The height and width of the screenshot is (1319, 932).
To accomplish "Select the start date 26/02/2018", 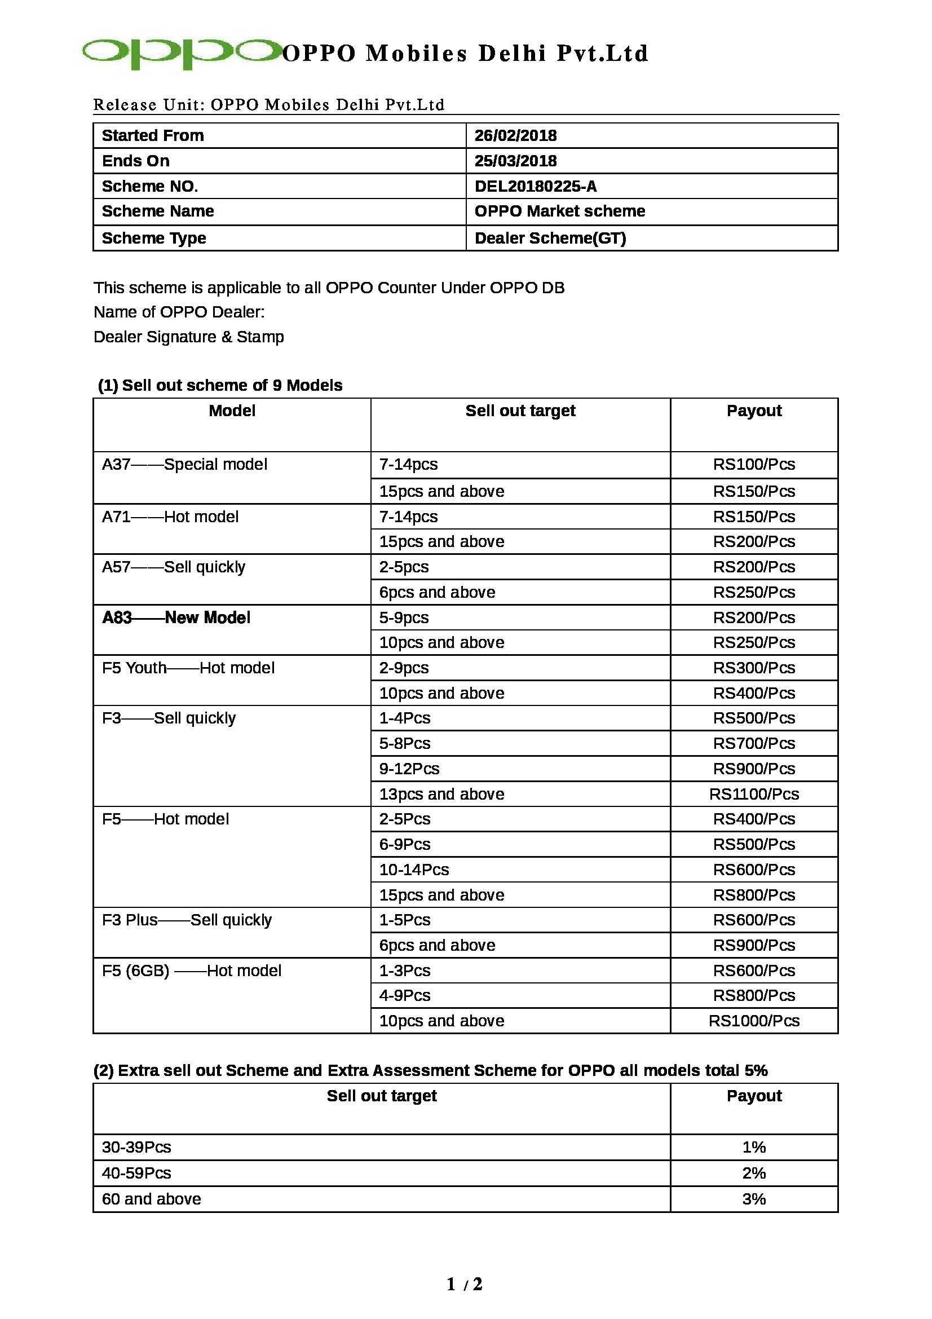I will [515, 135].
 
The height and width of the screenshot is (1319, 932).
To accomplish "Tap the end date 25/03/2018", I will [515, 161].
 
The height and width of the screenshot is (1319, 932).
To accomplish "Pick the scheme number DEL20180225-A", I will [535, 186].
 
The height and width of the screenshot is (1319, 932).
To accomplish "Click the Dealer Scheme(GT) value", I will [550, 238].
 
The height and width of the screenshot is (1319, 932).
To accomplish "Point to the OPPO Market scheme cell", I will [559, 211].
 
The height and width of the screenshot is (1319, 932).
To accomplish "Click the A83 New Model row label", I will [176, 617].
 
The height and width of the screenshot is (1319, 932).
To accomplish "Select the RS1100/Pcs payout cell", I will [753, 794].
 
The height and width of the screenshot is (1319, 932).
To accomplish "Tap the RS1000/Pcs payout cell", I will [753, 1021].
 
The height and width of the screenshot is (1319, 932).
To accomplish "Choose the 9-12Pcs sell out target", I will [409, 769].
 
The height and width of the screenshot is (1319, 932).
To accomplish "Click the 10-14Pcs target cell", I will [413, 869].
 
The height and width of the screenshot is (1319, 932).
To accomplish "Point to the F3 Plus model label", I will [187, 920].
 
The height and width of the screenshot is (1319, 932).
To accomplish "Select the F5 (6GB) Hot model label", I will [191, 970].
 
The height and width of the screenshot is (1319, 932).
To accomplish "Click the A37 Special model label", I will [184, 464].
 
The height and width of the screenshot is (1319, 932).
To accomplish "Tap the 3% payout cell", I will [753, 1199].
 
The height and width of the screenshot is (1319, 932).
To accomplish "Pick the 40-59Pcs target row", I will [136, 1172].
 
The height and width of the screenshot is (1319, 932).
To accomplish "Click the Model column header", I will [232, 411].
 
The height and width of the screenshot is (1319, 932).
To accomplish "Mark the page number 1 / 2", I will [465, 1284].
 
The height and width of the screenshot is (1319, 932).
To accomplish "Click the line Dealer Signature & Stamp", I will [188, 337].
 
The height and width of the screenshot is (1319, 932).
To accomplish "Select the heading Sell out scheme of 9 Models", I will [220, 385].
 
